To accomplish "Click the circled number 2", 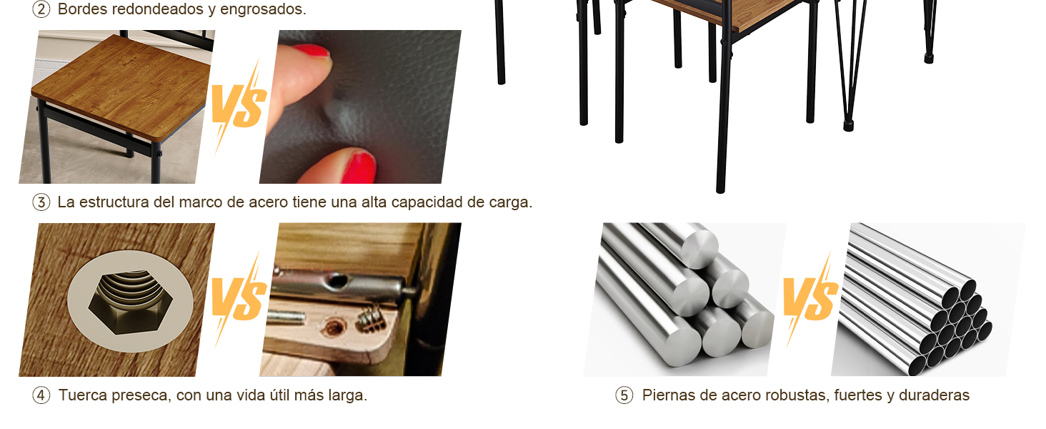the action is pyautogui.click(x=41, y=9).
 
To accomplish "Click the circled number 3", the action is pyautogui.click(x=41, y=202).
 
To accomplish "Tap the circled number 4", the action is pyautogui.click(x=41, y=395).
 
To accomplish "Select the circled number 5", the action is pyautogui.click(x=624, y=395).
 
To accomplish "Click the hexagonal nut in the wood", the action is pyautogui.click(x=130, y=302).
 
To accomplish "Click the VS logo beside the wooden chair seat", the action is pyautogui.click(x=239, y=106).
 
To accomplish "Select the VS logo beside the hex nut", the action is pyautogui.click(x=239, y=299).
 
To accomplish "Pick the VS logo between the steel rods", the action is pyautogui.click(x=810, y=299).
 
